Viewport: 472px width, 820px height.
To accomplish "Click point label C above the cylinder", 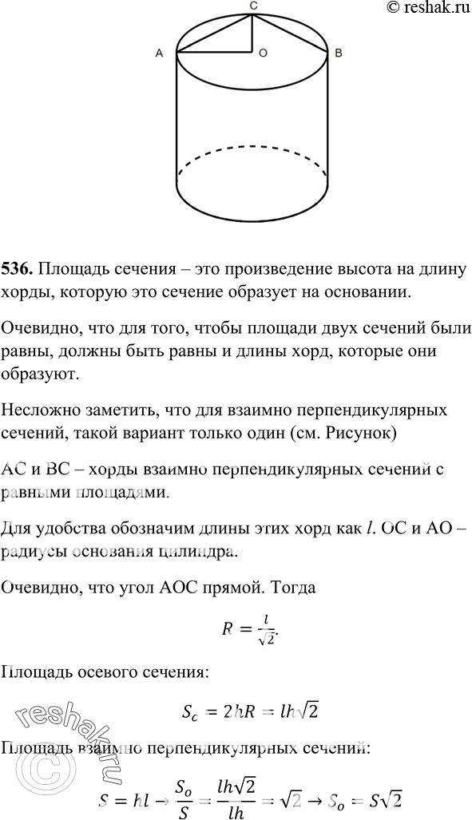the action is point(253,6).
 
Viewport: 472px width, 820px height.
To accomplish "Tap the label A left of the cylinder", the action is point(159,53).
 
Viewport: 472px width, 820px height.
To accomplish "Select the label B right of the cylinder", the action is point(339,53).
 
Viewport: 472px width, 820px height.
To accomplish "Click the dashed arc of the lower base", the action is point(252,148).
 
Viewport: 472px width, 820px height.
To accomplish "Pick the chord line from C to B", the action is point(292,33).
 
